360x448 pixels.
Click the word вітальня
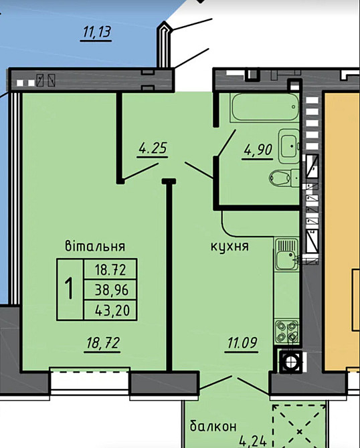coord(96,246)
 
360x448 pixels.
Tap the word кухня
coord(229,246)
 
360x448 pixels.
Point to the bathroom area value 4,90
coord(258,150)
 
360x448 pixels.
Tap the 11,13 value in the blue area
coord(96,31)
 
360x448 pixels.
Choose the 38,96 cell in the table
coord(110,290)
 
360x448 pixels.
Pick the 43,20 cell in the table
coord(110,310)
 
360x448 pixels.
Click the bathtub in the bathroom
coord(263,107)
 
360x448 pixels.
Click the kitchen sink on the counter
coord(286,257)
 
